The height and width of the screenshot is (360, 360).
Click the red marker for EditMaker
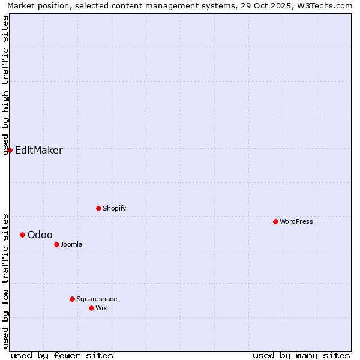coord(10,150)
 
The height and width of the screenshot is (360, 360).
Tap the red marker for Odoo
coord(23,235)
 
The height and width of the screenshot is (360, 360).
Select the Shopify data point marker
coord(98,208)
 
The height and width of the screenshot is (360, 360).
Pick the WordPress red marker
coord(275,221)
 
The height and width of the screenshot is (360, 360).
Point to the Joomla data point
coord(56,244)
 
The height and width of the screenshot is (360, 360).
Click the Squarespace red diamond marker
coord(72,299)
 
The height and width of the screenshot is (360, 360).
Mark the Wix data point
coord(91,308)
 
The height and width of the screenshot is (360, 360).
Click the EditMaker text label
coord(39,151)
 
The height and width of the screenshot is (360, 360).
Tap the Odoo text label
coord(40,235)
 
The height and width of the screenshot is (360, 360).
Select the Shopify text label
coord(114,208)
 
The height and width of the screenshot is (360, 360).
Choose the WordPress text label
coord(296,221)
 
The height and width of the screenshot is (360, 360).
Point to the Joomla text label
coord(71,244)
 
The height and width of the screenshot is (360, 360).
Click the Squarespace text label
coord(97,299)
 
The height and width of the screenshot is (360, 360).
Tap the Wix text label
coord(101,308)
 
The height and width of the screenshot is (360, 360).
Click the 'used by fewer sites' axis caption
coord(62,355)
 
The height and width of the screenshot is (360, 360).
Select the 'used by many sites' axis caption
coord(301,355)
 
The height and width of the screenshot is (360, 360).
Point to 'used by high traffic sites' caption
coord(5,85)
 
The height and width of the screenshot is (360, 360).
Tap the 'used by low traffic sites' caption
coord(5,281)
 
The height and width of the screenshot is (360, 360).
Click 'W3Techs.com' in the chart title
coord(328,5)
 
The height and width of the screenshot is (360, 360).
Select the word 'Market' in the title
coord(22,5)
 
